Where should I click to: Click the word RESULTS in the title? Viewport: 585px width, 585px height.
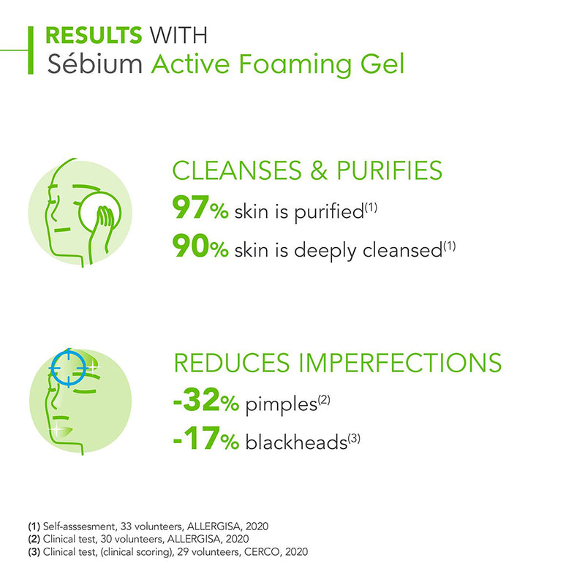[94, 35]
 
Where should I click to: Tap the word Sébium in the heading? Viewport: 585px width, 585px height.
[95, 64]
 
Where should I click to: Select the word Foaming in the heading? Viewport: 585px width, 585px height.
[295, 64]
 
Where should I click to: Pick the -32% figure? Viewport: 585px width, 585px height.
[206, 399]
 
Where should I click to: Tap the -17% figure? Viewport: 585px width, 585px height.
[206, 438]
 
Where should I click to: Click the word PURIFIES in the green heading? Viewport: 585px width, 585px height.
[390, 170]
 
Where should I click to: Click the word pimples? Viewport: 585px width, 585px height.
[281, 405]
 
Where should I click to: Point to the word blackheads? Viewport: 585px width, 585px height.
[296, 442]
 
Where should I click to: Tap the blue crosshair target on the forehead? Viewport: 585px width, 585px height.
[69, 368]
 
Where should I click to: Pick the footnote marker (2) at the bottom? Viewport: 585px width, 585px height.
[34, 539]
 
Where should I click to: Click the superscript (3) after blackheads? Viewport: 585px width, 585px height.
[354, 438]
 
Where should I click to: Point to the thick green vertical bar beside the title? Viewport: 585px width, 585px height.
[31, 50]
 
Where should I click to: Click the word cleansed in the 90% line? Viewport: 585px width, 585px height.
[403, 249]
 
